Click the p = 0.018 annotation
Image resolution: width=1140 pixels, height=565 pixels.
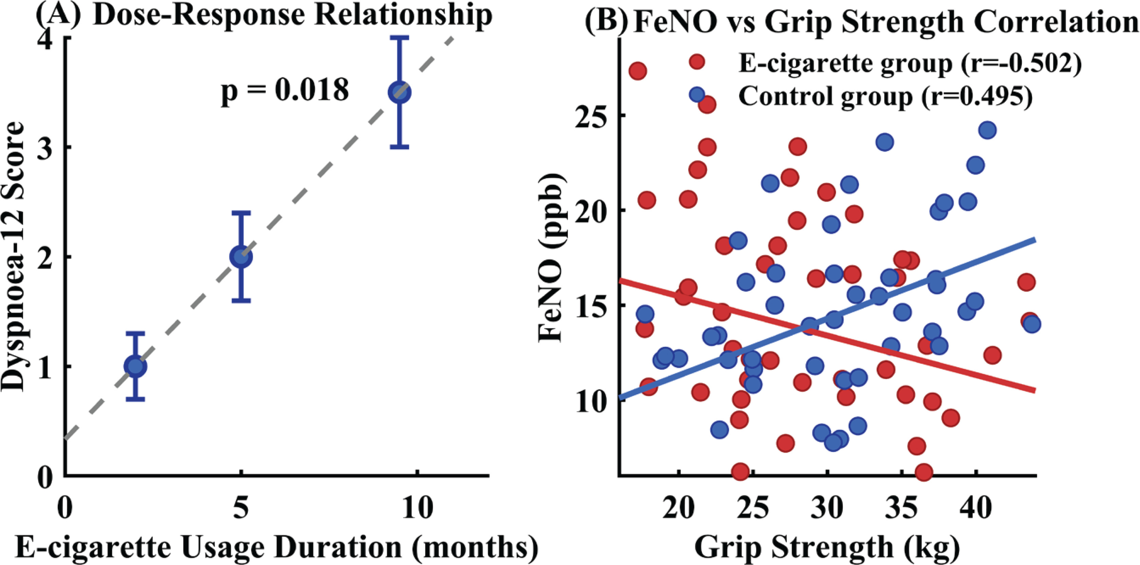(x=285, y=92)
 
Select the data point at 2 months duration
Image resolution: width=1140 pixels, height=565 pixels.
(x=135, y=366)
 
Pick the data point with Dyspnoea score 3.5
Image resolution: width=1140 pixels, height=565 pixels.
(x=400, y=92)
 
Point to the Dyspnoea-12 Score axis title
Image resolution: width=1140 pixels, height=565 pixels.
(x=16, y=257)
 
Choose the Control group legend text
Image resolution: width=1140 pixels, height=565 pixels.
(x=885, y=95)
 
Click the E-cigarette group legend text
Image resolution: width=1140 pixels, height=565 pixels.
(x=909, y=64)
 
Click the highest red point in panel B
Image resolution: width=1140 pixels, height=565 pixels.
(x=638, y=71)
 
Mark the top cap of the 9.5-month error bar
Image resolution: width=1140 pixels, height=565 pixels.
(x=400, y=38)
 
